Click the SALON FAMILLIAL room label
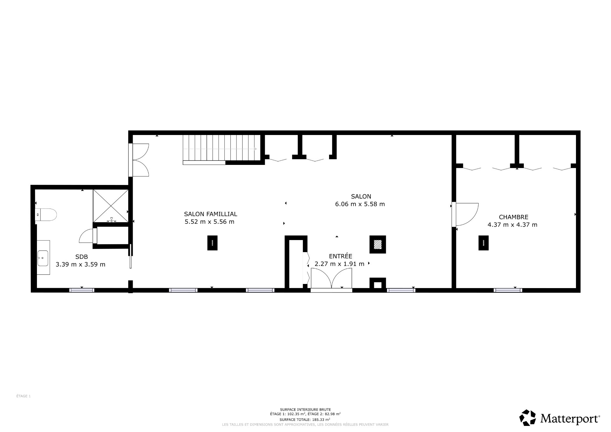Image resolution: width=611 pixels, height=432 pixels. [x=210, y=214]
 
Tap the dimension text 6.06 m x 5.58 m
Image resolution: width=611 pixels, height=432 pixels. [x=360, y=204]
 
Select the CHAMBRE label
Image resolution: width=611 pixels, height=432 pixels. [x=513, y=217]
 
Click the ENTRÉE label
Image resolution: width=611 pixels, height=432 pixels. [x=341, y=256]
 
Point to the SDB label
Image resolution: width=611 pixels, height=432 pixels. [x=81, y=257]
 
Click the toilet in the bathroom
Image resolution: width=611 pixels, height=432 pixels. [x=46, y=215]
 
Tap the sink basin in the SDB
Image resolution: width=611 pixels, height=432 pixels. [x=43, y=258]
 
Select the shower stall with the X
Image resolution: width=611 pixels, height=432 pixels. [x=110, y=206]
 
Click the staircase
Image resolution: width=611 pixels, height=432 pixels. [x=221, y=148]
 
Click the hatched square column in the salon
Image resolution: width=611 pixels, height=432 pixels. [x=378, y=244]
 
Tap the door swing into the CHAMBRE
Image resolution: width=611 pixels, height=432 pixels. [x=466, y=214]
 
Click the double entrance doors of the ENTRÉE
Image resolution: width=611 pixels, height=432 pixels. [x=331, y=278]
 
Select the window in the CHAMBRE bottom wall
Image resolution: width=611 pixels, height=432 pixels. [x=508, y=290]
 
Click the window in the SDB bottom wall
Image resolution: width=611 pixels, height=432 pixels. [x=82, y=290]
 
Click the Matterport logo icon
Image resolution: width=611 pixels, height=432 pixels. [x=528, y=417]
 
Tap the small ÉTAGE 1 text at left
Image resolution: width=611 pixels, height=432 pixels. [x=23, y=396]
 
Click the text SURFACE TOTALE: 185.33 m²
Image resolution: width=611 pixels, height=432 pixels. [x=305, y=420]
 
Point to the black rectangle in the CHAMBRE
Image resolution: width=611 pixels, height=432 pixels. [x=483, y=243]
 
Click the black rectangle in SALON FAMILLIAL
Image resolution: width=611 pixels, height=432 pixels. [x=212, y=243]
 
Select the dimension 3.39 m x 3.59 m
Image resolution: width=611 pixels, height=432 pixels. [x=81, y=264]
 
